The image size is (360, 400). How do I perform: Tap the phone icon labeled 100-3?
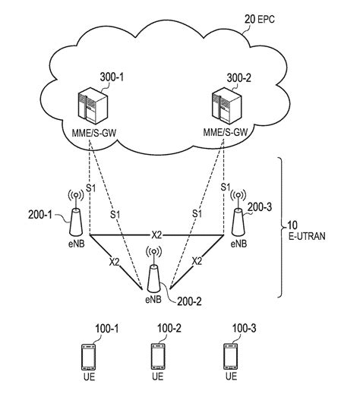pyautogui.click(x=227, y=356)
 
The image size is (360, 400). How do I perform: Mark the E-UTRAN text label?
pyautogui.click(x=307, y=237)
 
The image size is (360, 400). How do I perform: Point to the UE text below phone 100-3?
pyautogui.click(x=227, y=376)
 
